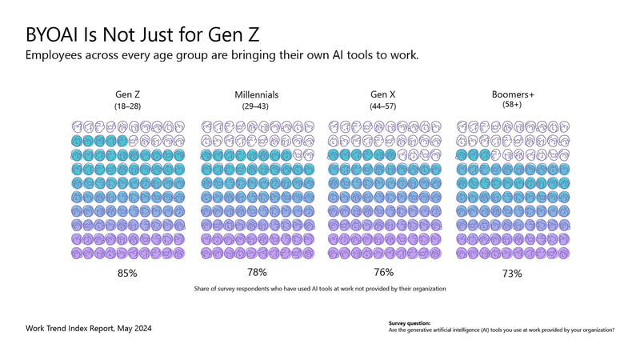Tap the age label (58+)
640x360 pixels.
coord(512,106)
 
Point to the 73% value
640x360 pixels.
coord(512,274)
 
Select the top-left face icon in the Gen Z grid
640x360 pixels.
coord(78,126)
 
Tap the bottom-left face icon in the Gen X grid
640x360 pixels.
coord(334,253)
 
